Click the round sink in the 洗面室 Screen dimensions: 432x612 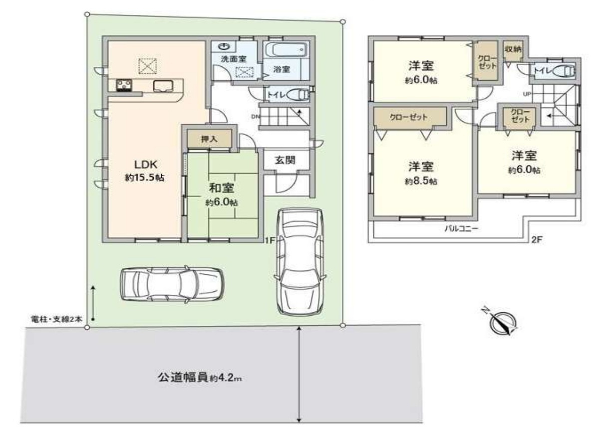(225, 47)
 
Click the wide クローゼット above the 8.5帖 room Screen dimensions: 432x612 (408, 118)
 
